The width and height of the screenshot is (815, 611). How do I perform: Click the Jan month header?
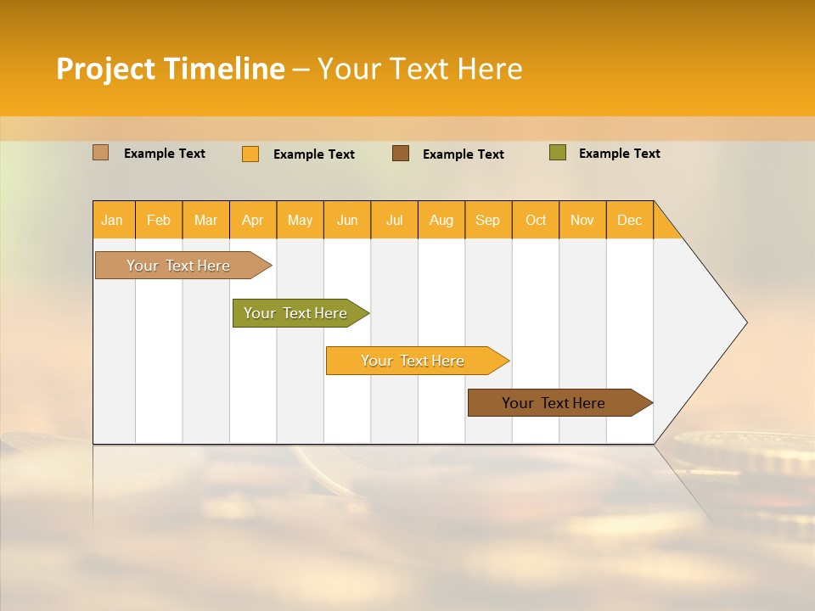(113, 220)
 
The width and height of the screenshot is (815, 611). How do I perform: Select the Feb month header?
(159, 220)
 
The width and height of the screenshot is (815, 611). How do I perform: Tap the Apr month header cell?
(253, 220)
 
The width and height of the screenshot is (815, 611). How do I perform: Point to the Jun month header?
(347, 220)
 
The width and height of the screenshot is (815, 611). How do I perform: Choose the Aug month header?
(441, 220)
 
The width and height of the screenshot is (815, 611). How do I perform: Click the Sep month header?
(488, 220)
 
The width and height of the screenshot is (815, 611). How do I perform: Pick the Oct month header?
(536, 220)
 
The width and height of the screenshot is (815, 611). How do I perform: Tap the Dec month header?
(630, 220)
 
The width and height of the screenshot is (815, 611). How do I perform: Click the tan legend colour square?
(101, 153)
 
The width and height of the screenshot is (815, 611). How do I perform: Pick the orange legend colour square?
(250, 154)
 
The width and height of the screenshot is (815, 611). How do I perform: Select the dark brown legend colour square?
(401, 154)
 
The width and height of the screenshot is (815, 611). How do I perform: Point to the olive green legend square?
(558, 153)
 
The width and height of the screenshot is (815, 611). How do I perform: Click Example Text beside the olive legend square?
(619, 154)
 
